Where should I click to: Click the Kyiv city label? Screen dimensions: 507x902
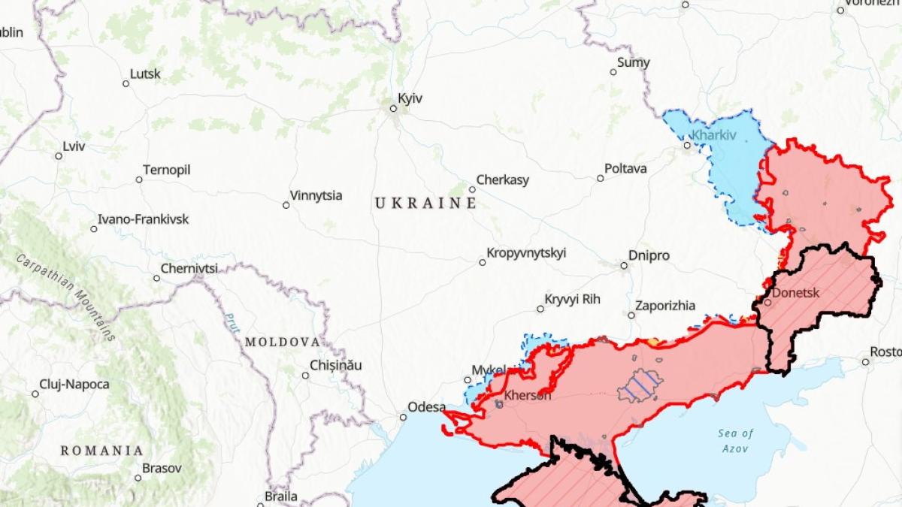(410, 99)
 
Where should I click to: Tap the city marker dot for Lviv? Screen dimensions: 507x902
(59, 156)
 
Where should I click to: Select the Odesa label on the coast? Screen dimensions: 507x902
(427, 407)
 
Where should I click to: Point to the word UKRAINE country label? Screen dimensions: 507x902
(425, 204)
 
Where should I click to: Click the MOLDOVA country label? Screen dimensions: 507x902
(283, 342)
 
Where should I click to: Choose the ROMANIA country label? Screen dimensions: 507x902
(102, 451)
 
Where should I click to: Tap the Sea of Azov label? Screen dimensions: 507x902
(735, 441)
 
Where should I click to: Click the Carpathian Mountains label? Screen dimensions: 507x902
(68, 297)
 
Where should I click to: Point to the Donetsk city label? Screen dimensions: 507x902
(795, 293)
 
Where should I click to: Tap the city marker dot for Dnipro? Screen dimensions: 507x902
(624, 265)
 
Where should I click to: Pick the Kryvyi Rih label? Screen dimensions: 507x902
(573, 300)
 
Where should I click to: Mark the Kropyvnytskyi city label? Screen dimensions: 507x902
(526, 253)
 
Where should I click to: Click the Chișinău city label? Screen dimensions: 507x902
(336, 366)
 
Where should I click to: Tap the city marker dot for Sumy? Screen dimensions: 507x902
(613, 72)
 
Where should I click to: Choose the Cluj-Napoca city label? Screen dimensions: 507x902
(75, 385)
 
